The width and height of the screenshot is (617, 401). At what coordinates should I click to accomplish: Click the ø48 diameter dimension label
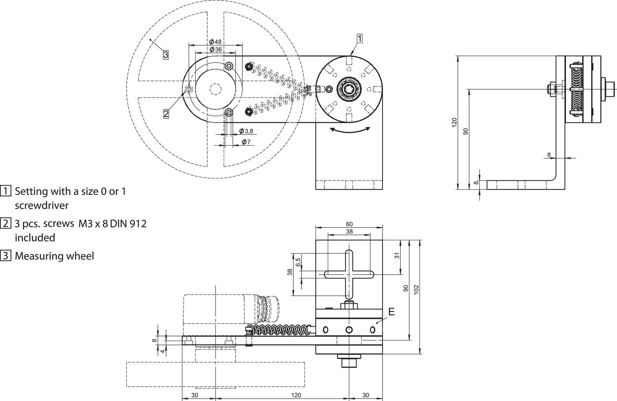tap(215, 42)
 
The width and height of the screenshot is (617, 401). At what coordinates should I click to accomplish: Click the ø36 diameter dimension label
tap(215, 49)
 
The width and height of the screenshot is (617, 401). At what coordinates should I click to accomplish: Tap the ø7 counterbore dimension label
tap(246, 142)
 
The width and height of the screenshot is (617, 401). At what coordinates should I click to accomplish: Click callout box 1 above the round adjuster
tap(359, 38)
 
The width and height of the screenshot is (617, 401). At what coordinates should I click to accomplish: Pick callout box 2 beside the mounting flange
tap(166, 114)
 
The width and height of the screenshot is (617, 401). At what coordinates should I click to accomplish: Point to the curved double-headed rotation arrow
tap(349, 130)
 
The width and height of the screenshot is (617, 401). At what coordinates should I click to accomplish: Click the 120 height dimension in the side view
tap(454, 122)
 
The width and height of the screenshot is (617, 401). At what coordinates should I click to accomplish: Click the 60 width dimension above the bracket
tap(349, 224)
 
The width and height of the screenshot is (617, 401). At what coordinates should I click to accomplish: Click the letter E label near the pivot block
tap(391, 312)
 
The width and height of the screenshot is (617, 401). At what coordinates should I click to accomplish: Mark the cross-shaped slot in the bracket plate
tap(349, 274)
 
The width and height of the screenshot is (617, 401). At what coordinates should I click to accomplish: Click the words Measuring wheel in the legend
tap(54, 256)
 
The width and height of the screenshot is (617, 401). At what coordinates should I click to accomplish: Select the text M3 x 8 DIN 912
tap(111, 224)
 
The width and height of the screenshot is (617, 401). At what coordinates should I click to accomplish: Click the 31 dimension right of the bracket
tap(397, 255)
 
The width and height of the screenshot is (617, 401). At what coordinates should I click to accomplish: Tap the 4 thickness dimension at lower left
tap(163, 351)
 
